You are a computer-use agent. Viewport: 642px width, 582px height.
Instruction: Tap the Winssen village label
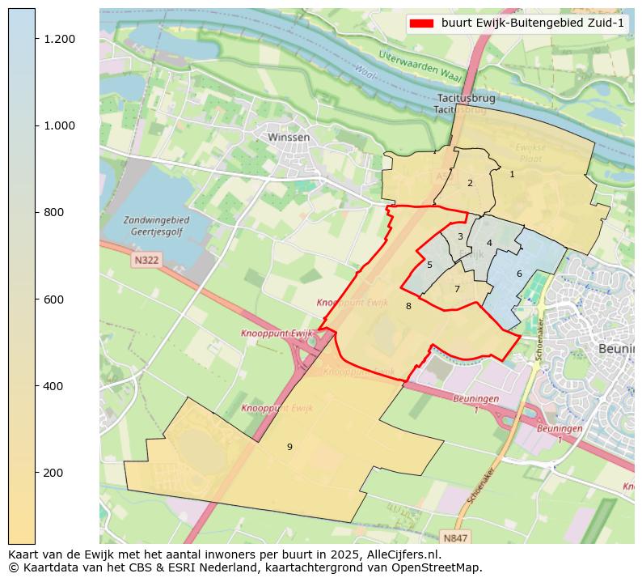click(289, 138)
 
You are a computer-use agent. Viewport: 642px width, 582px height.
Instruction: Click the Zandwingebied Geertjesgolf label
click(157, 226)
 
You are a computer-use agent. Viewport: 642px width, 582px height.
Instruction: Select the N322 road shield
click(146, 260)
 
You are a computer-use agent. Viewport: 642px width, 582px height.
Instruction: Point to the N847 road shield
click(455, 537)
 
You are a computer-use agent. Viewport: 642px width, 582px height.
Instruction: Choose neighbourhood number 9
click(289, 447)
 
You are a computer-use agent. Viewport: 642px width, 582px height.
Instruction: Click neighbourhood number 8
click(408, 306)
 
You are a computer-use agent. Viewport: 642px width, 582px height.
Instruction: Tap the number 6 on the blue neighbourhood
click(519, 274)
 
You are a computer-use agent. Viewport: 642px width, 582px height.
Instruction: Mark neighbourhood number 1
click(512, 174)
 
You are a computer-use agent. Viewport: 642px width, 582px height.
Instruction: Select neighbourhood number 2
click(470, 183)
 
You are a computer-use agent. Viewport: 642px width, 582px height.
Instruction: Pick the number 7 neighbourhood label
click(457, 289)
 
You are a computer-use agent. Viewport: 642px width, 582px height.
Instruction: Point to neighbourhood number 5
click(429, 265)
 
